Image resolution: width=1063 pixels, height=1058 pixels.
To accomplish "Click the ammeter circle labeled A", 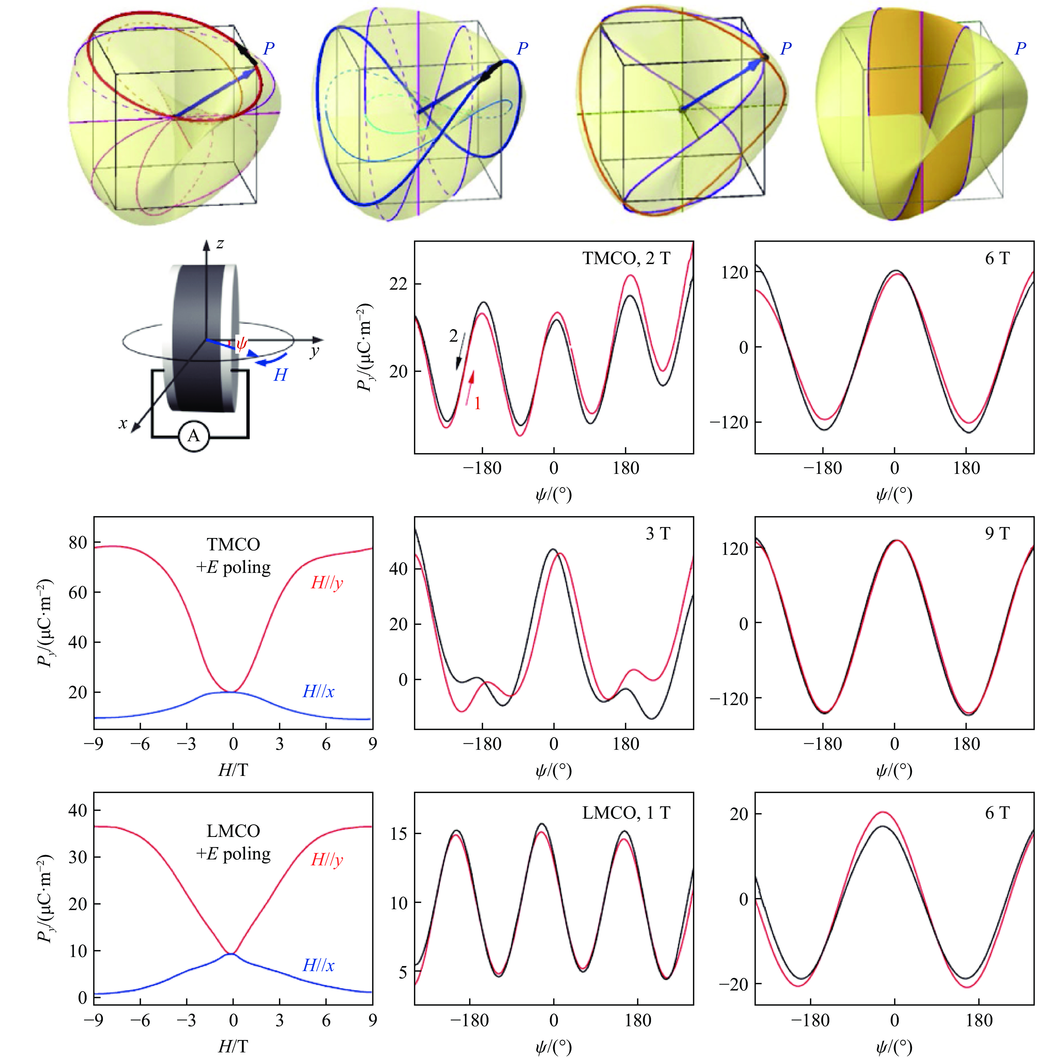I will pyautogui.click(x=194, y=436).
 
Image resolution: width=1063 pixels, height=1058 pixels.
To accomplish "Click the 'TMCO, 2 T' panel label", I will pyautogui.click(x=626, y=258).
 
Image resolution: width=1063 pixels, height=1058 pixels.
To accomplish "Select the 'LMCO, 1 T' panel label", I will pyautogui.click(x=626, y=812).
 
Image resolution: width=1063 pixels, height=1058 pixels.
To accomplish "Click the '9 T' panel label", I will pyautogui.click(x=997, y=533).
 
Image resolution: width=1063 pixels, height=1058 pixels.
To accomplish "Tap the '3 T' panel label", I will pyautogui.click(x=657, y=533).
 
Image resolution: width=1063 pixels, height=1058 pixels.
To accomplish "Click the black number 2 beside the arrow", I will pyautogui.click(x=453, y=336).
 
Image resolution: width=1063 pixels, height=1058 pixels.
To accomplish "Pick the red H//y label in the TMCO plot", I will pyautogui.click(x=327, y=583).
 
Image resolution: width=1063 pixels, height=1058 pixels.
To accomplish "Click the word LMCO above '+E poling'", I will pyautogui.click(x=233, y=831).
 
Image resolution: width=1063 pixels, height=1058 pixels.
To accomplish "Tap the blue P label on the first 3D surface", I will pyautogui.click(x=269, y=48).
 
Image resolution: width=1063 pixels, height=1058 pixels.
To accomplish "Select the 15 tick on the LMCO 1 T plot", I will pyautogui.click(x=398, y=834).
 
